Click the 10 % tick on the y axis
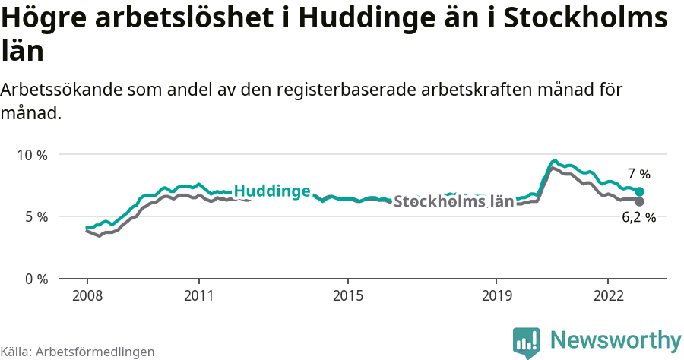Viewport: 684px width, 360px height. coord(32,155)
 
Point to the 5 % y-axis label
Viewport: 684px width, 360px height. coord(36,216)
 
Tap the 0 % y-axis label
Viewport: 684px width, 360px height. coord(36,279)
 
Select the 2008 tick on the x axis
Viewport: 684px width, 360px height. coord(87,295)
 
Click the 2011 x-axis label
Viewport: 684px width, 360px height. coord(198,295)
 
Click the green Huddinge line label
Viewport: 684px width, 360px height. coord(271,191)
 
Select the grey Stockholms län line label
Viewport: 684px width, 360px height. coord(454,202)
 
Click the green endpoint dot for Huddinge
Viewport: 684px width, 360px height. coord(640,191)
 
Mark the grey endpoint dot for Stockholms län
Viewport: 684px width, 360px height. coord(639,202)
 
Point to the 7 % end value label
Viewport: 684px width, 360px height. coord(639,174)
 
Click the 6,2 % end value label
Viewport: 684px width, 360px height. coord(638,218)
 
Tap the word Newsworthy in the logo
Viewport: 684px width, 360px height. coord(616,339)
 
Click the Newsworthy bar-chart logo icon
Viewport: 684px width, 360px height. coord(527,343)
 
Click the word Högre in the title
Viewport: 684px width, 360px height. coord(45,18)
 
